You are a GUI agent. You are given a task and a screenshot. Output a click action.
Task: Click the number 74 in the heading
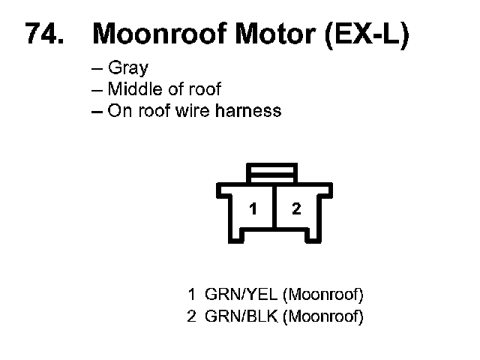point(43,34)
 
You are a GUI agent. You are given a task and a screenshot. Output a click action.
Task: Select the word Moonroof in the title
point(153,34)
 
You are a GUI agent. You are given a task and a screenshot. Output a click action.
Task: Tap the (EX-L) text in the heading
point(368,34)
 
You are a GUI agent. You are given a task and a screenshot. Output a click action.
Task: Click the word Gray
point(128,69)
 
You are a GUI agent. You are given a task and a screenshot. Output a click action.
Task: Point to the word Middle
point(130,89)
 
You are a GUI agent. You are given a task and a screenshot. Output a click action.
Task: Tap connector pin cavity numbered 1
point(253,209)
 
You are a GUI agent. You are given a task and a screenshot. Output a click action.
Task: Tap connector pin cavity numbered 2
point(296,209)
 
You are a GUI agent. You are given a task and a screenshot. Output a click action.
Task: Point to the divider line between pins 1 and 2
point(275,210)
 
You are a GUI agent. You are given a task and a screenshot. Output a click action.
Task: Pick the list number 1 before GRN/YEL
point(191,293)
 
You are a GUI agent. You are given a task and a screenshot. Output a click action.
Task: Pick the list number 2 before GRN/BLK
point(191,316)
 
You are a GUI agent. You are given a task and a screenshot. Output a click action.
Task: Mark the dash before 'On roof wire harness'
point(95,111)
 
